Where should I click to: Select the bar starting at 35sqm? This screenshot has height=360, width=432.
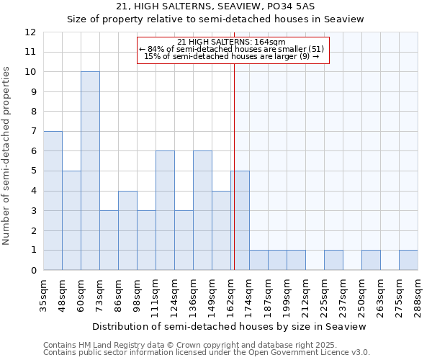point(53,201)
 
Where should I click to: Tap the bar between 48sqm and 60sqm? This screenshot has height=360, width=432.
point(71,220)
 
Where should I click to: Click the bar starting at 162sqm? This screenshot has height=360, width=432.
point(240,220)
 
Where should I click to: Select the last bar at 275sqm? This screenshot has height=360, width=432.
point(408,261)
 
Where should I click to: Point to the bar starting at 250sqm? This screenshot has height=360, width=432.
point(371,261)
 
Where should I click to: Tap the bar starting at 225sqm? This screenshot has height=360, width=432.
point(333,261)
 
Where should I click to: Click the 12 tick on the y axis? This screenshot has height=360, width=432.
point(30,32)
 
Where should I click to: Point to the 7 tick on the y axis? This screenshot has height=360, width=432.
point(33,132)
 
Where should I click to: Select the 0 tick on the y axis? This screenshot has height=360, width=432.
point(33,271)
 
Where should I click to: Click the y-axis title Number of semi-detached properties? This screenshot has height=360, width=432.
point(7,156)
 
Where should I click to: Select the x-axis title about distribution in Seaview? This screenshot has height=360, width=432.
point(230,326)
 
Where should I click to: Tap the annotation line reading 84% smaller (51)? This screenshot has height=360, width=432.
point(232,49)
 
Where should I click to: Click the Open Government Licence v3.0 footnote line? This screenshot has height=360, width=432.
point(206,352)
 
